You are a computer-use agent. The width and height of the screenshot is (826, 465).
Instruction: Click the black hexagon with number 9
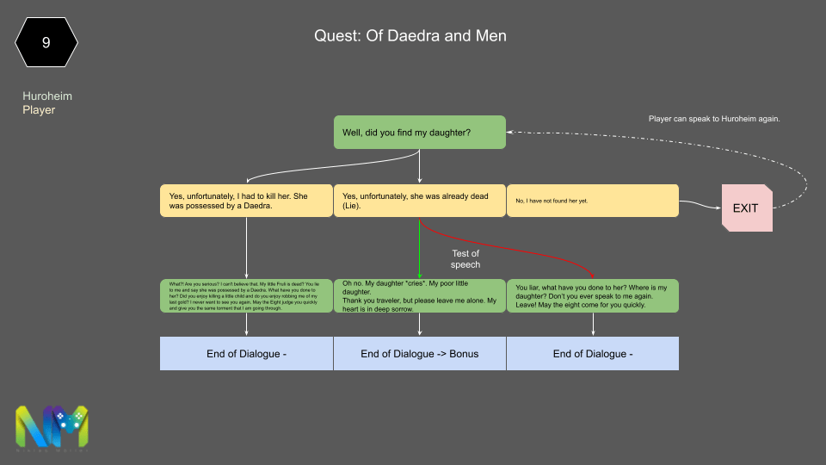[46, 42]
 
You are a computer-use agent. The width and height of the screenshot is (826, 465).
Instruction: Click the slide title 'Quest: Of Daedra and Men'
[410, 36]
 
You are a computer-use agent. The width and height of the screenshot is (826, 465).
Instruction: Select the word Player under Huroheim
[39, 109]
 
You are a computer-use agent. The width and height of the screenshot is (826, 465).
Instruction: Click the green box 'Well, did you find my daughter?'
[419, 133]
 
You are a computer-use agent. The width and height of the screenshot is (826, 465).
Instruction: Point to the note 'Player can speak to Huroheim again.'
[713, 119]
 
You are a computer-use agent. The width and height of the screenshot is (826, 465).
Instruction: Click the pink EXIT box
[746, 208]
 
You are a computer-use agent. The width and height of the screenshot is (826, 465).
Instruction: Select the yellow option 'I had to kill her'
[246, 201]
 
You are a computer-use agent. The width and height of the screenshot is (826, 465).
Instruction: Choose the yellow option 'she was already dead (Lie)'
[419, 201]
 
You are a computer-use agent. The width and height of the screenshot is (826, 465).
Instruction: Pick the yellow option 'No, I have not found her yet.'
[592, 201]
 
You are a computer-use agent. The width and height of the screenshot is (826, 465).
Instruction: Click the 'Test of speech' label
[465, 258]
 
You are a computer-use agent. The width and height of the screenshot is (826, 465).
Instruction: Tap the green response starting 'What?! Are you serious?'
[246, 295]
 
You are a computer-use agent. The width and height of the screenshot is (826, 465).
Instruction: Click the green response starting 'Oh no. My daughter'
[419, 295]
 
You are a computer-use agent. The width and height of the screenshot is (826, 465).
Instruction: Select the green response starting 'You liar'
[592, 295]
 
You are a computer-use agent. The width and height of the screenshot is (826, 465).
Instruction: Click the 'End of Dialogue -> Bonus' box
[419, 353]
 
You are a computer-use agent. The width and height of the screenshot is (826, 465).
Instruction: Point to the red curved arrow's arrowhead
[593, 276]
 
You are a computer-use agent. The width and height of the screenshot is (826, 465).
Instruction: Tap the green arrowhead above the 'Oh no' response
[419, 276]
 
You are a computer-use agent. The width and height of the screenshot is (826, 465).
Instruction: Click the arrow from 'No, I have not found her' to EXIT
[699, 205]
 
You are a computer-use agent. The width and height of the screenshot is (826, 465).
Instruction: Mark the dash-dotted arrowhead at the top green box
[510, 133]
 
